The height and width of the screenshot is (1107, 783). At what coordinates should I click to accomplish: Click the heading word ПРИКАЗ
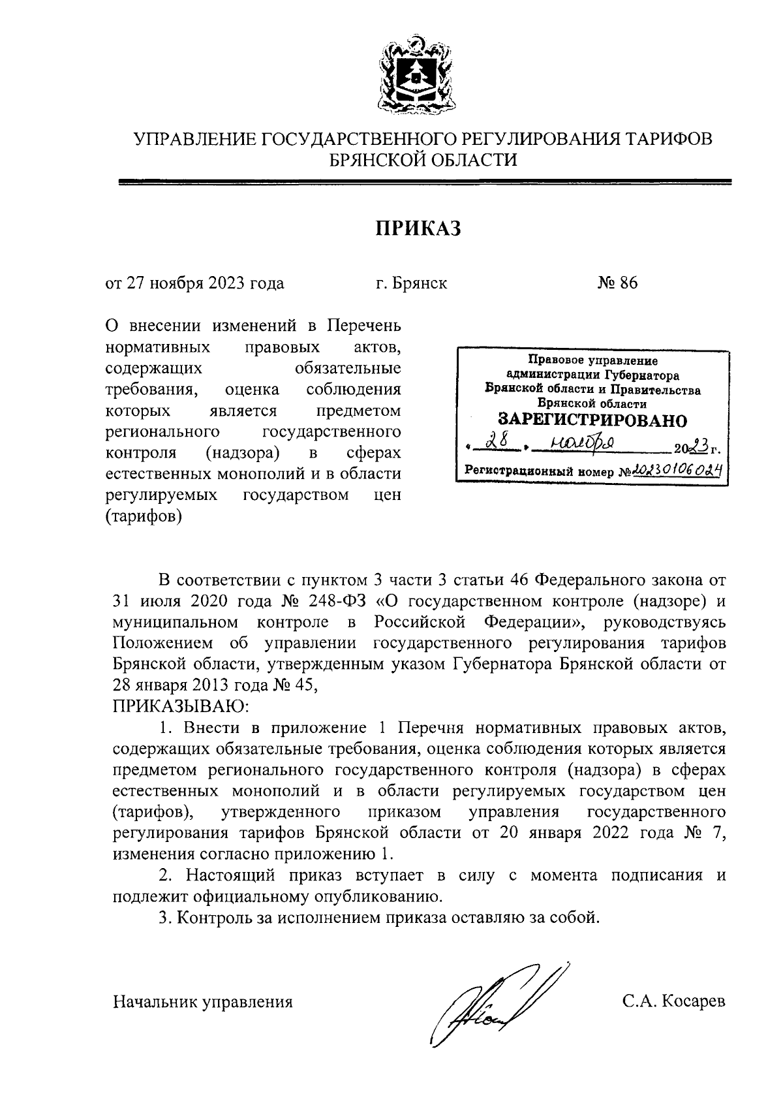click(x=418, y=228)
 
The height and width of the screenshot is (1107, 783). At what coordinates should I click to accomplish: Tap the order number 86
click(x=628, y=283)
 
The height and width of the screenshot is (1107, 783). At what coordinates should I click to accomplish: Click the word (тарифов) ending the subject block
click(x=144, y=516)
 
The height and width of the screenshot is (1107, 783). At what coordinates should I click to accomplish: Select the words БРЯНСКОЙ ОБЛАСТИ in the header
click(x=423, y=160)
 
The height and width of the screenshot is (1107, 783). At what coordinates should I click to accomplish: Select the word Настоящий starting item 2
click(x=223, y=875)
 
